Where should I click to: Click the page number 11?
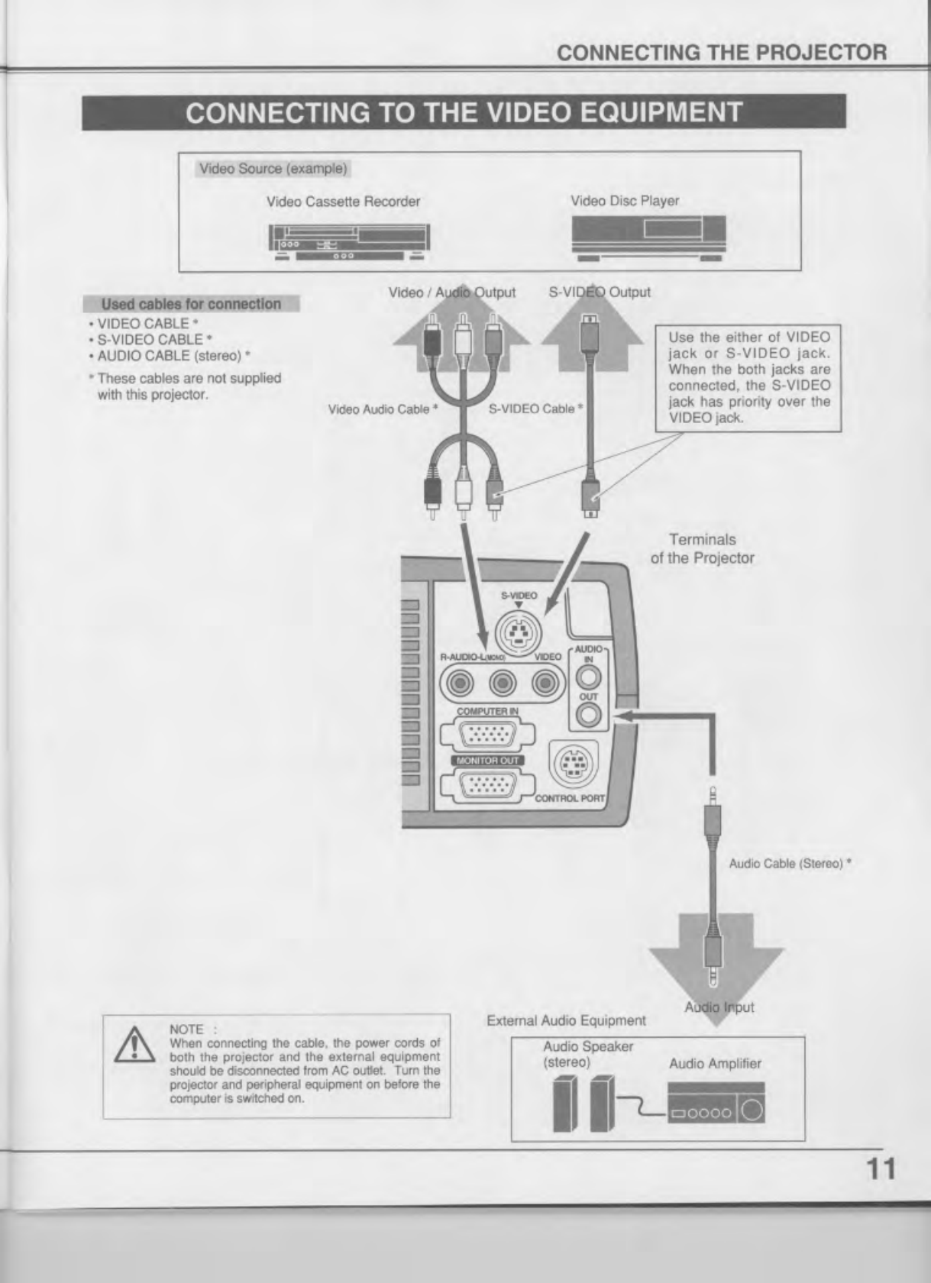[x=879, y=1168]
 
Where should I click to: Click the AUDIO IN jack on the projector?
[x=588, y=676]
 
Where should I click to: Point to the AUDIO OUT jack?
[x=588, y=715]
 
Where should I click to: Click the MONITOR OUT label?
[x=488, y=760]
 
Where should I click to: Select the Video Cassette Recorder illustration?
[x=348, y=241]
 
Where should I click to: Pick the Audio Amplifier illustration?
[x=716, y=1104]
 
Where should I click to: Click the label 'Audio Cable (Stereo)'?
[x=789, y=864]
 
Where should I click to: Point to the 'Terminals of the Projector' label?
[x=702, y=549]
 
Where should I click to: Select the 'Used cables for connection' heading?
[x=191, y=304]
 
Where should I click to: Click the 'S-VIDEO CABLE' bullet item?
[x=154, y=339]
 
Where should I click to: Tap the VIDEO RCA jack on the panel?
[x=545, y=681]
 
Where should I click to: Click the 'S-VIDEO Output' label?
[x=600, y=292]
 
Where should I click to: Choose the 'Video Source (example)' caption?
[x=273, y=168]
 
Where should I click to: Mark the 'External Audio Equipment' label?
[x=566, y=1020]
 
